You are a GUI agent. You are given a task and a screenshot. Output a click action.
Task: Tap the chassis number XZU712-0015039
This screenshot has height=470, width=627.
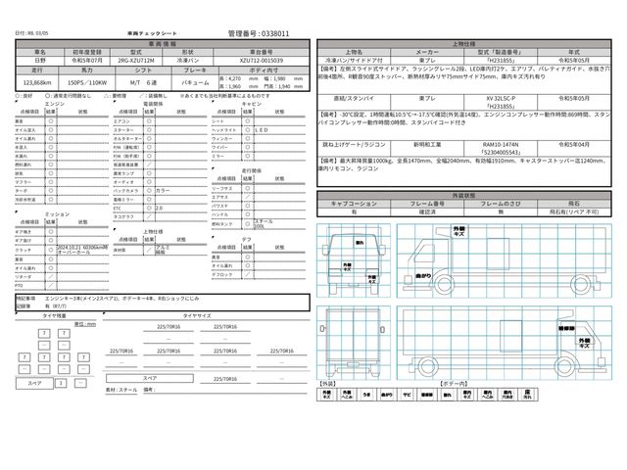point(266,60)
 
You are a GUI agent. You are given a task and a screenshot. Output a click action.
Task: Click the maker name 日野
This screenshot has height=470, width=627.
point(39,60)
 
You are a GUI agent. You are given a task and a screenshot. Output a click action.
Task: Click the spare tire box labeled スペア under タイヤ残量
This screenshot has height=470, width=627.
point(35,384)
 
